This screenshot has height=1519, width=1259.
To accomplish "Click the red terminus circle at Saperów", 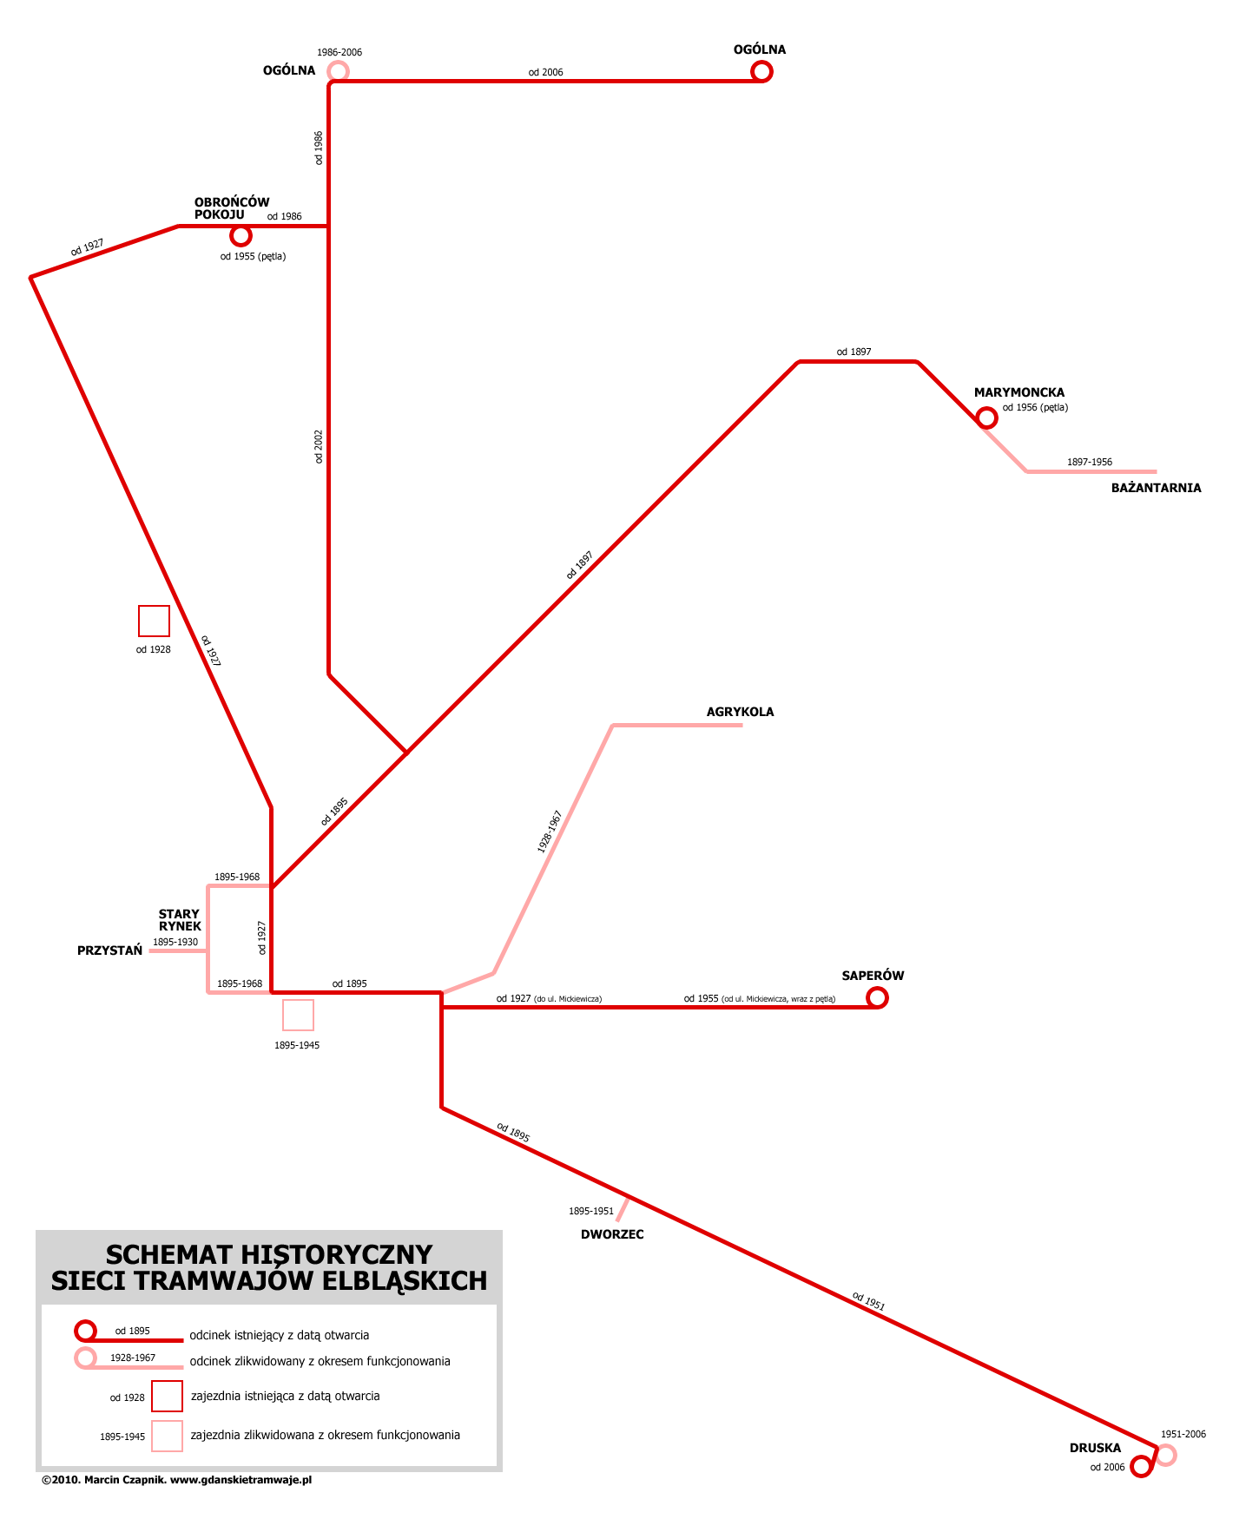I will click(x=877, y=997).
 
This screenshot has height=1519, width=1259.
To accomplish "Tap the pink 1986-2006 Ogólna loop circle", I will click(x=338, y=71).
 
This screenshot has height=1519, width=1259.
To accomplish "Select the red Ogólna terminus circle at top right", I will click(x=761, y=71).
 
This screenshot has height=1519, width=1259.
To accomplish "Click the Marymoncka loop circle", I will click(x=986, y=418).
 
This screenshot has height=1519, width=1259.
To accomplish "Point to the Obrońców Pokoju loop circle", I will click(x=241, y=235).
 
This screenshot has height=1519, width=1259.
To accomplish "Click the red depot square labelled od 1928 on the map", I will click(x=154, y=621).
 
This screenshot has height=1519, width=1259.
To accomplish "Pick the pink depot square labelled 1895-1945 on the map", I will click(x=298, y=1015).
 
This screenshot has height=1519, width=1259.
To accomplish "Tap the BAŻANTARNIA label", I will click(x=1156, y=488).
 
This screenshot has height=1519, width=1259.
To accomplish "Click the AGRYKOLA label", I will click(x=740, y=712).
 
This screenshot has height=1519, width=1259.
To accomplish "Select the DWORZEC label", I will click(x=612, y=1234).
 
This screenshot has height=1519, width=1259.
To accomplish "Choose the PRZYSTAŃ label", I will click(x=109, y=950).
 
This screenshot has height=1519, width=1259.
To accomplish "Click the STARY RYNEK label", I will click(x=180, y=920).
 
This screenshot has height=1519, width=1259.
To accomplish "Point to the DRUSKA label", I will click(x=1095, y=1448).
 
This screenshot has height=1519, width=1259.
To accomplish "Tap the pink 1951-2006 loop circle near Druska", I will click(x=1165, y=1455).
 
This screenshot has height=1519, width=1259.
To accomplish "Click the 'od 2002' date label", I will click(x=319, y=446).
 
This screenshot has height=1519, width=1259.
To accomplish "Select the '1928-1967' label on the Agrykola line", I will click(x=550, y=832).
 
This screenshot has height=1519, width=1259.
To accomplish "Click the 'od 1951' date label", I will click(x=868, y=1300).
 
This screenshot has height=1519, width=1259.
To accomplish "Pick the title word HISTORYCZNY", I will click(x=336, y=1254).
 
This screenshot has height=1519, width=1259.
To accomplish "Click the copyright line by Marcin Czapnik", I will click(x=176, y=1480).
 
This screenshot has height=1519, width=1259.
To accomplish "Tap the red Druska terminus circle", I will click(x=1141, y=1467).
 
